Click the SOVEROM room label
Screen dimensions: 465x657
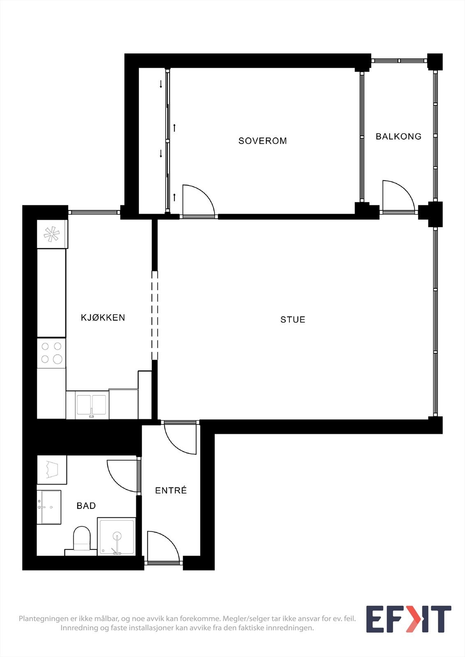(262, 141)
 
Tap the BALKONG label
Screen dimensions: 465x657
(398, 136)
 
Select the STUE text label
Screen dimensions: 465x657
(293, 319)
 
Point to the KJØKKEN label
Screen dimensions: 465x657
(103, 317)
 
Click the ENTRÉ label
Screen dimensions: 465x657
(171, 490)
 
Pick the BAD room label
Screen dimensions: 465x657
(86, 505)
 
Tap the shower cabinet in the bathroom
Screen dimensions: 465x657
(117, 536)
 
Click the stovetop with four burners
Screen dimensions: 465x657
(51, 353)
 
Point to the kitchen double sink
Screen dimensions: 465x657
(91, 405)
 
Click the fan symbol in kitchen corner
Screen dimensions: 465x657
(52, 234)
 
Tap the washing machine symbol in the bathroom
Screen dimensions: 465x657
(52, 470)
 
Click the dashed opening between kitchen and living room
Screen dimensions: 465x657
(155, 315)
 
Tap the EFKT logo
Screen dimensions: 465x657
(409, 619)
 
